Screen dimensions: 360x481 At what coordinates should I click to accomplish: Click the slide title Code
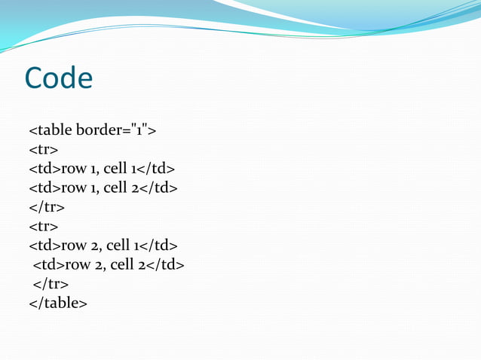coord(59,78)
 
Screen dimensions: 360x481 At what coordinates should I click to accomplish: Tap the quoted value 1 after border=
coord(141,131)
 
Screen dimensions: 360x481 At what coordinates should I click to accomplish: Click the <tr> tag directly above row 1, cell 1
coord(43,150)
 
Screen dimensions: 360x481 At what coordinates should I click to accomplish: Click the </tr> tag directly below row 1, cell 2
coord(46,206)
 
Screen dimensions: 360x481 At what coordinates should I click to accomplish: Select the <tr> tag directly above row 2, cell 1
coord(43,225)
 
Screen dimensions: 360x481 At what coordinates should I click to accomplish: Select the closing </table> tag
coord(58,303)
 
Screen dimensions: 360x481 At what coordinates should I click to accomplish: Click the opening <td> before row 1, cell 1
coord(44,168)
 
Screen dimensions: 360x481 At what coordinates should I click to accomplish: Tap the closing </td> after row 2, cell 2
coord(166,264)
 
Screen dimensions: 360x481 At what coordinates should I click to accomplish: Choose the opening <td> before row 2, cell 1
coord(44,245)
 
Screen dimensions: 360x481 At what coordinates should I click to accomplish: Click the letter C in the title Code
coord(35,78)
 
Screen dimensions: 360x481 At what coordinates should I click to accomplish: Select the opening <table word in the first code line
coord(51,131)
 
